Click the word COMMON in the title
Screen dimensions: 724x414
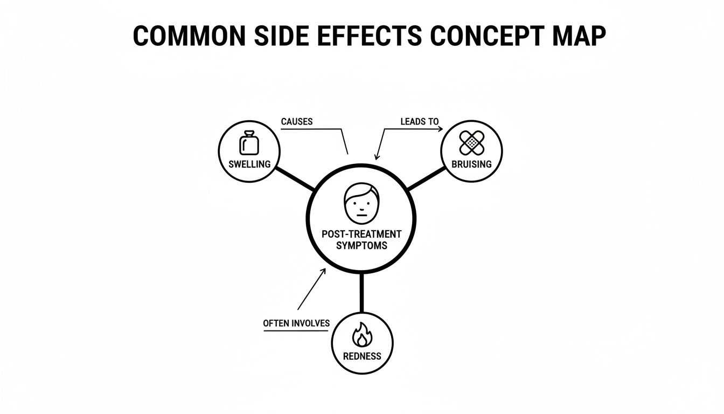[190, 36]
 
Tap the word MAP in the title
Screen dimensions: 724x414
[579, 36]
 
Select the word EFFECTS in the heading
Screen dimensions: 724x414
[370, 36]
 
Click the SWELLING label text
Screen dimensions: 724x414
[249, 164]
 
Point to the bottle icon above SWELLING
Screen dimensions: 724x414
[249, 143]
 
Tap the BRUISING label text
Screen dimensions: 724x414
[471, 164]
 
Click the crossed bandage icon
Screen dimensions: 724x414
[472, 142]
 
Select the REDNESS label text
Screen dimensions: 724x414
[362, 356]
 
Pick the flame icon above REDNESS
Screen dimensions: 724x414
[362, 335]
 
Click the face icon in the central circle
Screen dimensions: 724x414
[361, 203]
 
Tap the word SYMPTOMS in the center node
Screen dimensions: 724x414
[361, 245]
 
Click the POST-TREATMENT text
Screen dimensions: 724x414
[361, 234]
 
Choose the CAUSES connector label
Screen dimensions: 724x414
[297, 122]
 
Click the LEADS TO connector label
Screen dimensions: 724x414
[420, 122]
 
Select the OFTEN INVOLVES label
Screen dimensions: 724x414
[296, 323]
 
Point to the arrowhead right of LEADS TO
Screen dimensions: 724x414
[440, 129]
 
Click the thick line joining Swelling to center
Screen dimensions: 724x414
[295, 178]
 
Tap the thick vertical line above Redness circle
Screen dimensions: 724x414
[361, 293]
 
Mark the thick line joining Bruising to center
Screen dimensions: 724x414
[426, 178]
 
